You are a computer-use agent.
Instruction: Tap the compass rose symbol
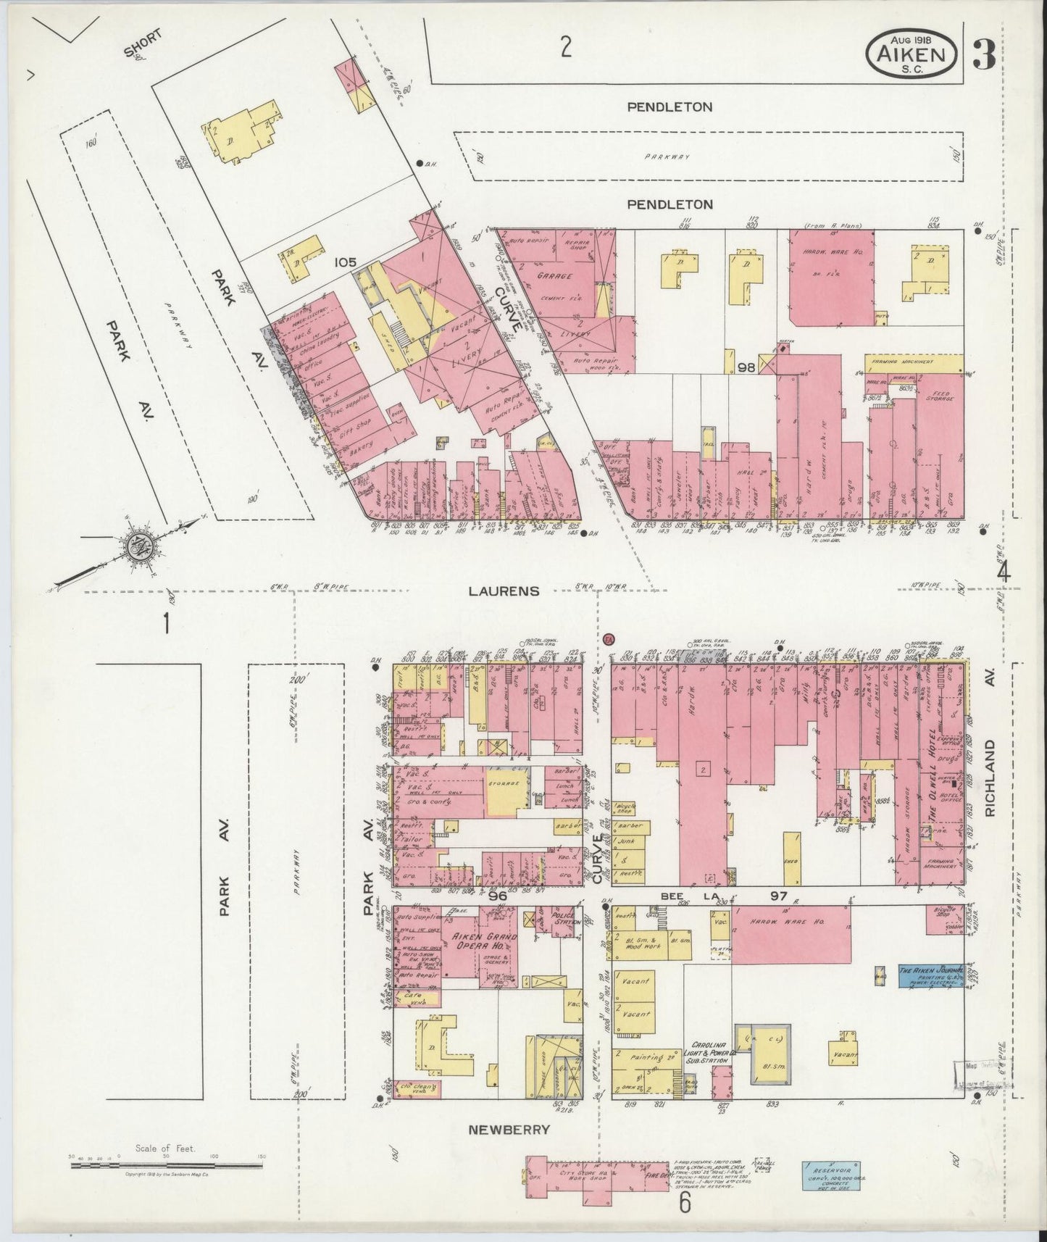[x=135, y=546]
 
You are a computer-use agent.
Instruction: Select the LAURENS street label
[x=504, y=591]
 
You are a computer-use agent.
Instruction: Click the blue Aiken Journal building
[x=930, y=975]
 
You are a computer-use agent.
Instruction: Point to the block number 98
[x=746, y=368]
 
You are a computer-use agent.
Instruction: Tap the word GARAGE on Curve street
[x=556, y=276]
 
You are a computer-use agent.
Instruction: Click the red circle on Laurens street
[x=609, y=639]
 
